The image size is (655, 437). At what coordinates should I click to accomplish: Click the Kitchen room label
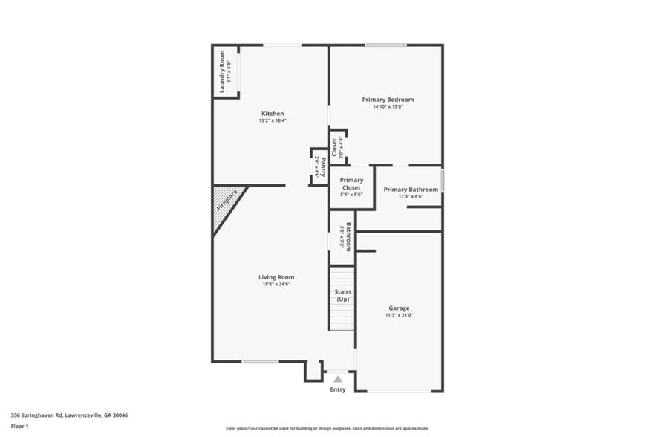click(272, 114)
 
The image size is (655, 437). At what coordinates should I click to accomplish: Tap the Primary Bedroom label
click(388, 100)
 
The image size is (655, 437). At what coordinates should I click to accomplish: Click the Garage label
click(399, 308)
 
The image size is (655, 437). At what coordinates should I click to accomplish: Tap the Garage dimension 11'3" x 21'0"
click(399, 315)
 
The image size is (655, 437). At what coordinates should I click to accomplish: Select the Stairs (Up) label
click(342, 296)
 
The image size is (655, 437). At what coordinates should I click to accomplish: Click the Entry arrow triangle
click(338, 379)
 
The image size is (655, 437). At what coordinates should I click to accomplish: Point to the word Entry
click(338, 389)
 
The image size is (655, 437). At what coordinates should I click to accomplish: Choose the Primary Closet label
click(351, 184)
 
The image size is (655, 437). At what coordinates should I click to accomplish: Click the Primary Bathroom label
click(411, 190)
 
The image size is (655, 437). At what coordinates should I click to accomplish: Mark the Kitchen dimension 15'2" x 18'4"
click(272, 120)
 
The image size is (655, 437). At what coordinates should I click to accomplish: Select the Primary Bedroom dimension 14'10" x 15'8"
click(388, 107)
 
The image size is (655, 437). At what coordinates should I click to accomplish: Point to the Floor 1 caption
click(20, 427)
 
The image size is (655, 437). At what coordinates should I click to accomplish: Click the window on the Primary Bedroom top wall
click(385, 45)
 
